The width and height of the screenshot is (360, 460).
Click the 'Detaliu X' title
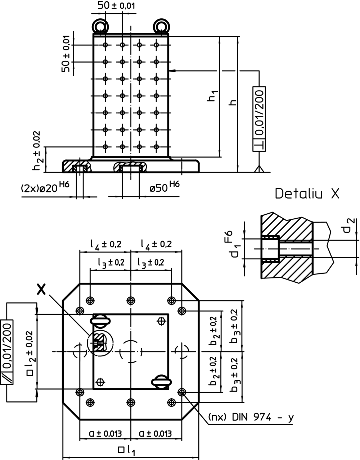(307, 193)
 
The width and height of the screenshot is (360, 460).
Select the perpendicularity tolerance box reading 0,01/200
(259, 119)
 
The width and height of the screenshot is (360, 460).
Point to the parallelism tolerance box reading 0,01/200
(6, 352)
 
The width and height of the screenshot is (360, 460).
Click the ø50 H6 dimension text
(165, 187)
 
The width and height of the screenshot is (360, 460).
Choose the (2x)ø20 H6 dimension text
(45, 187)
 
